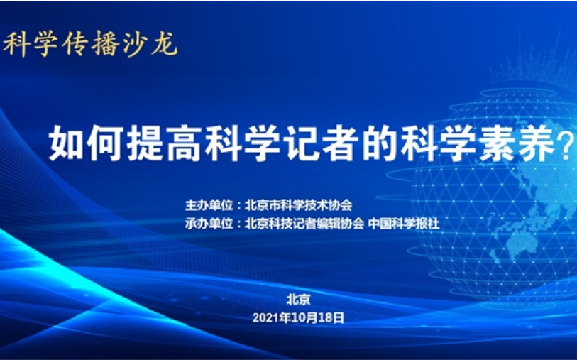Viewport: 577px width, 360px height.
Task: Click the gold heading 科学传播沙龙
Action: coord(91,44)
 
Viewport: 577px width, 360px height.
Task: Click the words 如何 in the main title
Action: coord(87,143)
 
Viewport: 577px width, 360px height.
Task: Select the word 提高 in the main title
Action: coord(165,143)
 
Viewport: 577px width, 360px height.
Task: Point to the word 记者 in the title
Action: coord(322,143)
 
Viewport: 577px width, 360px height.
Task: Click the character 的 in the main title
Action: coord(380,143)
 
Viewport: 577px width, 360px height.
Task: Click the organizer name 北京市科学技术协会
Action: coord(298,205)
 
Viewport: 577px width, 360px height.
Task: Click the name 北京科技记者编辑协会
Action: coord(304,223)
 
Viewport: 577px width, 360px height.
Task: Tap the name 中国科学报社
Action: coord(404,223)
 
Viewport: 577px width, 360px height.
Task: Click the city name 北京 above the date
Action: coord(298,299)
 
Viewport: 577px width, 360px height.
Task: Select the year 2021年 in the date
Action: coord(272,317)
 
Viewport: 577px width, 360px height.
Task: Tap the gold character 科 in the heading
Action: coord(17,44)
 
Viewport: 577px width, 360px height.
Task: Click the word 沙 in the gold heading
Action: coord(135,44)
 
